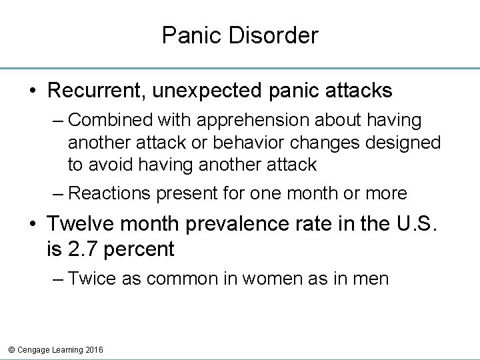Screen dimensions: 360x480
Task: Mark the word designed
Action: coord(409,143)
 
